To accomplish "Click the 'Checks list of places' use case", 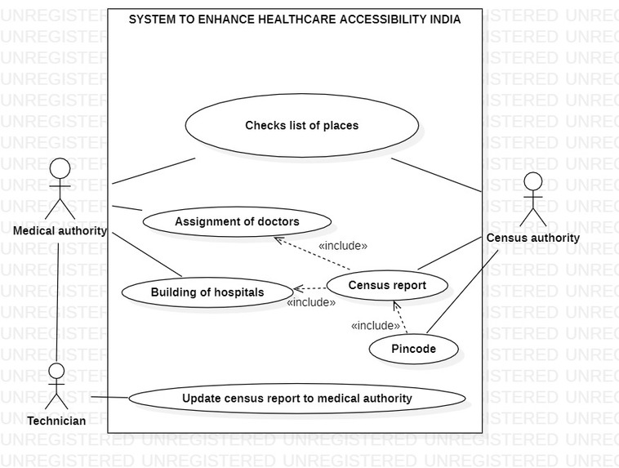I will coord(302,126).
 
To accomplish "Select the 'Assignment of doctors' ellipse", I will coord(237,221).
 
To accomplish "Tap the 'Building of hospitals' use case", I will coord(207,292).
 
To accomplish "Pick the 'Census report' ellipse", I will coord(387,286).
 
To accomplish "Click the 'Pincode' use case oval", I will coord(413,349).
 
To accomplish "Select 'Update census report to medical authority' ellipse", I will coord(296,399).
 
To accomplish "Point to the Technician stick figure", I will coord(56,385).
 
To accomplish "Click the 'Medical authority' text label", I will coord(60,230).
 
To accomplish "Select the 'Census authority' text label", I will coord(532,238).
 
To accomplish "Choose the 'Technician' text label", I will coord(56,421).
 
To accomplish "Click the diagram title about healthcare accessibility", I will coord(295,20).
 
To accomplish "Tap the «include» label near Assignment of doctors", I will coord(343,245).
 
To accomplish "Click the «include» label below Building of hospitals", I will coord(311,302).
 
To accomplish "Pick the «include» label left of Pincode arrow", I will coord(376,326).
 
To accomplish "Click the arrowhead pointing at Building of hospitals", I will coord(298,288).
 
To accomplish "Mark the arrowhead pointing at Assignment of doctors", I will coord(278,240).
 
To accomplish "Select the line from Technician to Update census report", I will coord(109,398).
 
